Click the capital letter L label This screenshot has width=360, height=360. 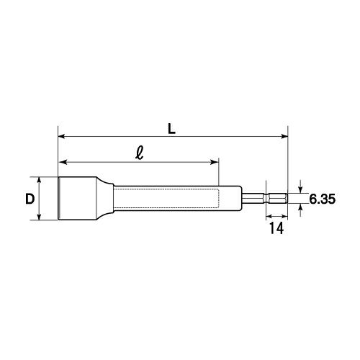point(171,129)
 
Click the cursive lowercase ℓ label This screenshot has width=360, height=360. point(140,153)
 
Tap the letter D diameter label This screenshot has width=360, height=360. point(30,199)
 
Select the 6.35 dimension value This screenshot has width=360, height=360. point(322,199)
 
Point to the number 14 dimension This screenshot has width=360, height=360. point(276,228)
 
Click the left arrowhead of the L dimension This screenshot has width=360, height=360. point(62,137)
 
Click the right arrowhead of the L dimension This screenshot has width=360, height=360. point(284,137)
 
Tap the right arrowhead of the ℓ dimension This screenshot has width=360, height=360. point(215,162)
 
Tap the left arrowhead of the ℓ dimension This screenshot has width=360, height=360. point(63,162)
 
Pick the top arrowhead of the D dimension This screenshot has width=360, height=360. point(39,181)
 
